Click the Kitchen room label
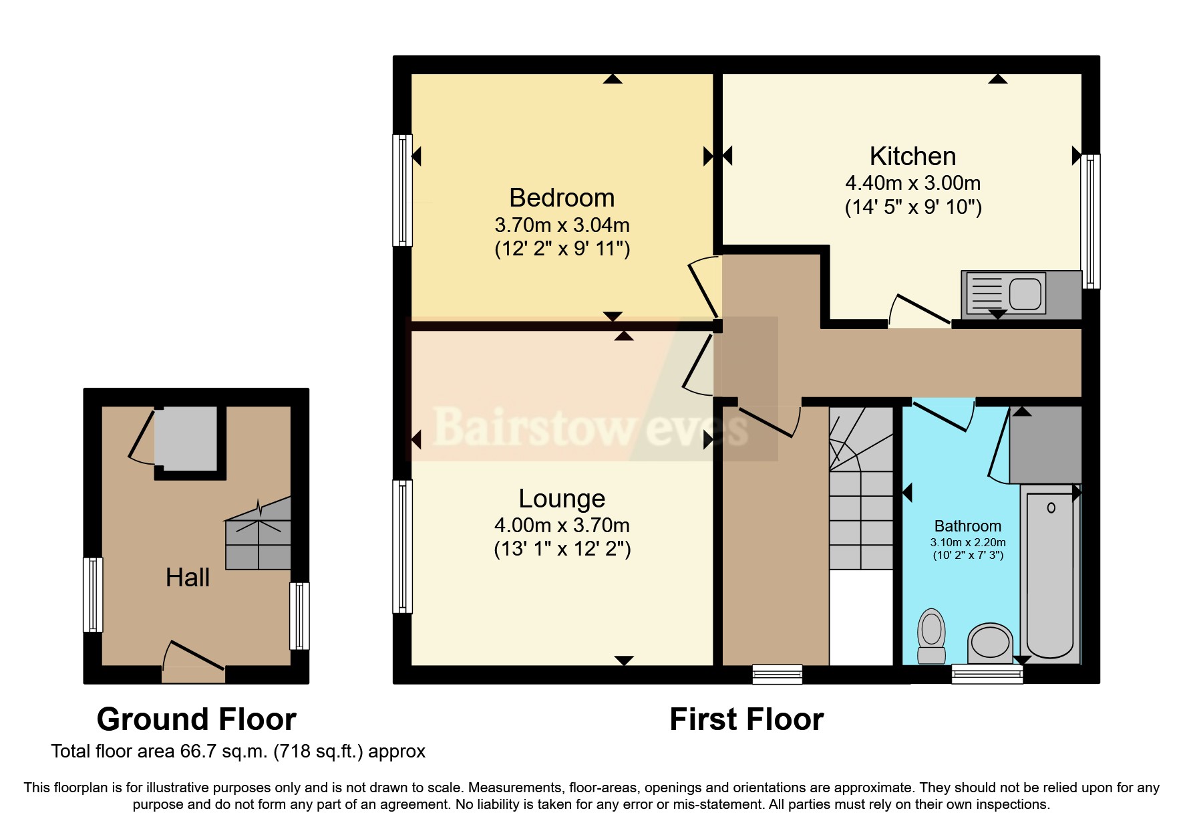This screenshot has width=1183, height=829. pyautogui.click(x=912, y=156)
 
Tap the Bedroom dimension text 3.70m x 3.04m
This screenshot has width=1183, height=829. pyautogui.click(x=562, y=225)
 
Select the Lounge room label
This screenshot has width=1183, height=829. pyautogui.click(x=562, y=499)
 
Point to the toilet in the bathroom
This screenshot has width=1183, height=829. pyautogui.click(x=931, y=635)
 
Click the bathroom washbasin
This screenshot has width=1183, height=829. pyautogui.click(x=991, y=642)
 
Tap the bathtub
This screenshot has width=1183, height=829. pyautogui.click(x=1051, y=575)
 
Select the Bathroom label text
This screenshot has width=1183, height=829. pyautogui.click(x=967, y=526)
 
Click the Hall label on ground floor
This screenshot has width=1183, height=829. pyautogui.click(x=188, y=578)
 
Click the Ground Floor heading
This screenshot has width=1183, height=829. pyautogui.click(x=196, y=720)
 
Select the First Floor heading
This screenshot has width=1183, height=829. pyautogui.click(x=746, y=720)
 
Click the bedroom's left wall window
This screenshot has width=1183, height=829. pyautogui.click(x=402, y=190)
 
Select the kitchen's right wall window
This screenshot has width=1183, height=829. pyautogui.click(x=1091, y=221)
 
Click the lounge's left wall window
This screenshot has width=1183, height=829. pyautogui.click(x=402, y=546)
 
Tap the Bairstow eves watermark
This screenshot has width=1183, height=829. pyautogui.click(x=590, y=427)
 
